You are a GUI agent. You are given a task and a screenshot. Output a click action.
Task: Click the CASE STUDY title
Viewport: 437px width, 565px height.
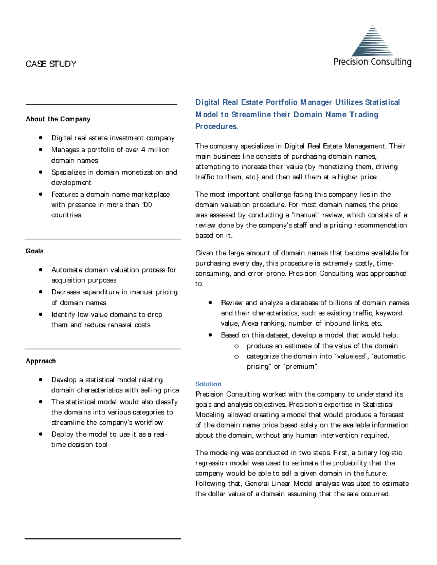[51, 64]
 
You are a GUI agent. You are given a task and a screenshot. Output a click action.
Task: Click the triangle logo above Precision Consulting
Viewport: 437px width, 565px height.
[372, 41]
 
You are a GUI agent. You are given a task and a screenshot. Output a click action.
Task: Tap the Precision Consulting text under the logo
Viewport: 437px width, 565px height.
[372, 62]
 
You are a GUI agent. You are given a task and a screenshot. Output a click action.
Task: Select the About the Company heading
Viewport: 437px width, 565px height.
[58, 119]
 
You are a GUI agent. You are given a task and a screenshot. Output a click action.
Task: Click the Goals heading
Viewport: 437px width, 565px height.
[35, 251]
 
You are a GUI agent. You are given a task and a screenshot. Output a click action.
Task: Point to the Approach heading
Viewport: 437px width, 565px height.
[41, 361]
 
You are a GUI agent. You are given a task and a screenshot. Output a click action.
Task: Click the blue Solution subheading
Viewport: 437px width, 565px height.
[208, 384]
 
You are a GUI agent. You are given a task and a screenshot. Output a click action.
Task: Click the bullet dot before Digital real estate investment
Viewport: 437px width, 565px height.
[41, 138]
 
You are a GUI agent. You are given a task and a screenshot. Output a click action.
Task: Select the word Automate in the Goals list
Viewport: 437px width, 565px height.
[67, 270]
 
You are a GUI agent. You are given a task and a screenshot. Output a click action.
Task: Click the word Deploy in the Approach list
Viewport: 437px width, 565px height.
[62, 434]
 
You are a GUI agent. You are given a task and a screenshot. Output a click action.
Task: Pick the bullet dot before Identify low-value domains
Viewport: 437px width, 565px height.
[41, 314]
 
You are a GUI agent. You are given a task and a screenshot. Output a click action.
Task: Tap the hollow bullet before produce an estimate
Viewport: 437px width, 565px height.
[236, 346]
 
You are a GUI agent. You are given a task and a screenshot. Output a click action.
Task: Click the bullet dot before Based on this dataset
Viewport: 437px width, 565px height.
[210, 335]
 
